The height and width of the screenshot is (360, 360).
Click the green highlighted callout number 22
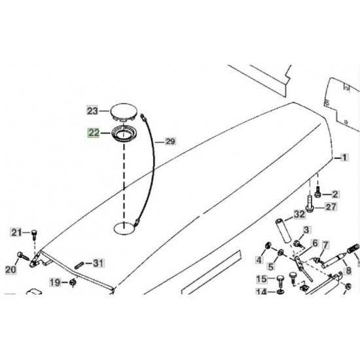pos(94,133)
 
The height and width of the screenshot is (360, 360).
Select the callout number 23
pos(92,111)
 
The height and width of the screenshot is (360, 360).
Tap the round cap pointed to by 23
pos(124,113)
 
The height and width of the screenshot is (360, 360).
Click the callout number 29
pos(170,141)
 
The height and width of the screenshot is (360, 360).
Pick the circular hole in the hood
pos(124,228)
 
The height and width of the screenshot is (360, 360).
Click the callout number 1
pos(344,158)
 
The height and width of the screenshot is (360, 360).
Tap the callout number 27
pos(331,207)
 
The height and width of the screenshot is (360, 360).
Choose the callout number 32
pos(299,215)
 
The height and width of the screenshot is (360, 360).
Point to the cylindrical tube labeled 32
pos(283,230)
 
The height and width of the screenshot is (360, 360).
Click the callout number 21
pos(16,232)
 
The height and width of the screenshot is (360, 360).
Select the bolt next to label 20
pos(23,256)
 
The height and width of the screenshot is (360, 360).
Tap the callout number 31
pos(98,263)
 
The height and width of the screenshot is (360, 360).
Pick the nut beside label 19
pos(73,282)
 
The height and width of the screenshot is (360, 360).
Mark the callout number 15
pos(262,279)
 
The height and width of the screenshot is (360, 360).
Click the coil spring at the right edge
pos(353,249)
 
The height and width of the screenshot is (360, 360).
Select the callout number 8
pos(348,271)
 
